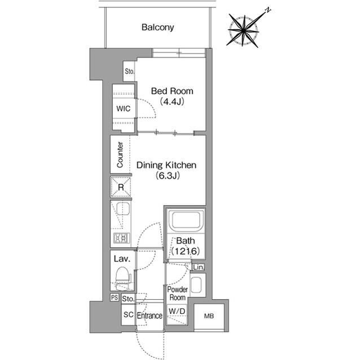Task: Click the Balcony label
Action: click(x=158, y=28)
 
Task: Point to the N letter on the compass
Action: click(x=268, y=10)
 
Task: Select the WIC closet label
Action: click(x=123, y=109)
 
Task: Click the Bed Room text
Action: click(x=172, y=91)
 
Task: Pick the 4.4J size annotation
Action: click(x=172, y=101)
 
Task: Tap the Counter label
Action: click(x=120, y=155)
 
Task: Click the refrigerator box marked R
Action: click(x=121, y=187)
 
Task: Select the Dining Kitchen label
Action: click(x=166, y=165)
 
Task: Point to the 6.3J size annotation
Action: click(x=168, y=176)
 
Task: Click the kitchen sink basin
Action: click(x=123, y=209)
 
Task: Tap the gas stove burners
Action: click(x=122, y=238)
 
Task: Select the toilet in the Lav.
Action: click(x=123, y=278)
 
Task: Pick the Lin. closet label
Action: click(x=199, y=267)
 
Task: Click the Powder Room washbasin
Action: click(x=196, y=285)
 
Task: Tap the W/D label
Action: click(x=177, y=311)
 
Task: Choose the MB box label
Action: click(x=209, y=316)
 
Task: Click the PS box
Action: click(x=115, y=297)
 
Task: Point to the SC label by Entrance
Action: click(x=128, y=314)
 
